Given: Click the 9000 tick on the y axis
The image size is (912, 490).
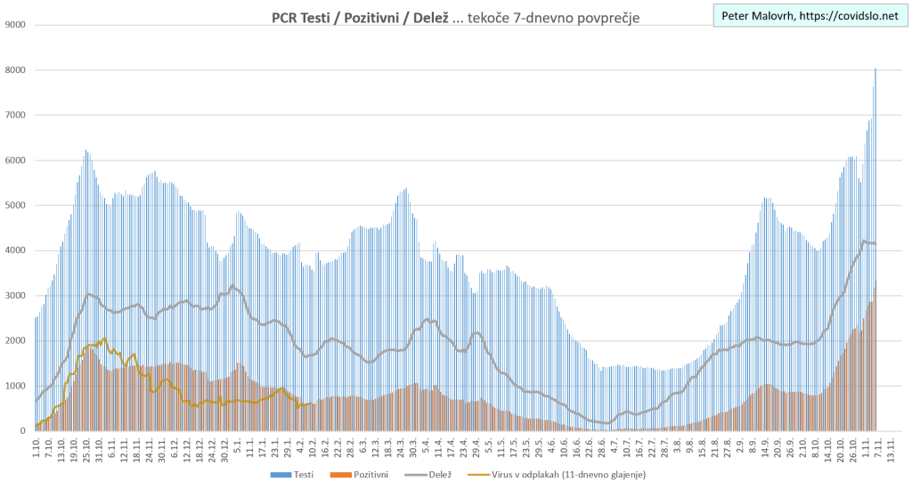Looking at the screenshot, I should [14, 25].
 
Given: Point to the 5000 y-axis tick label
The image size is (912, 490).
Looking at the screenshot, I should [14, 206].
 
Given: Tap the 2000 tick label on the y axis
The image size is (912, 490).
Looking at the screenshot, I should [14, 341].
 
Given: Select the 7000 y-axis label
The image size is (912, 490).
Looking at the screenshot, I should [14, 116].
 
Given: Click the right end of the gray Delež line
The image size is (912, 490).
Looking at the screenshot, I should [876, 244].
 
